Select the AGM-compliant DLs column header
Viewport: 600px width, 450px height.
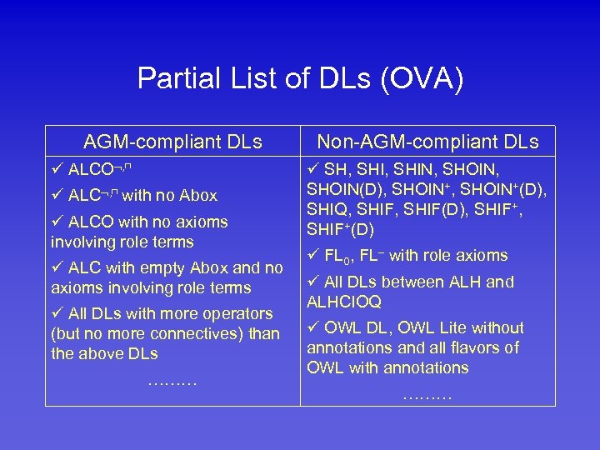(x=172, y=142)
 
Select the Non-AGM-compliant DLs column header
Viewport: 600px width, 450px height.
(x=427, y=142)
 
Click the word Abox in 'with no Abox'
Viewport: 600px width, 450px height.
(x=198, y=196)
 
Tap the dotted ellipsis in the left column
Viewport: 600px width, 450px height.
(x=172, y=382)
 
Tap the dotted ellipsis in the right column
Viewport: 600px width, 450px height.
(x=427, y=394)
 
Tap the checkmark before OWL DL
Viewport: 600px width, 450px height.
(x=313, y=328)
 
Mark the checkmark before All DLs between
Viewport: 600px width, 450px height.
(x=313, y=282)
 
